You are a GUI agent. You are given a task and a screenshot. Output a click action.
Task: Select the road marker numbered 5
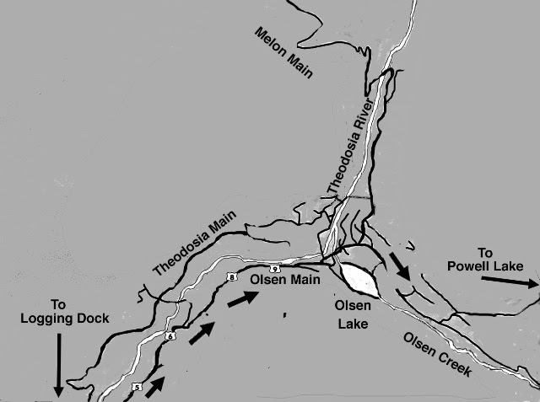136,387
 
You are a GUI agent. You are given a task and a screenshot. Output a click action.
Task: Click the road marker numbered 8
230,276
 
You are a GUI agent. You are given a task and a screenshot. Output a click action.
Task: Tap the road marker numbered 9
275,267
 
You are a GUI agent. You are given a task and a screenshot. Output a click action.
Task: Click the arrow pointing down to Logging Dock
57,364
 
